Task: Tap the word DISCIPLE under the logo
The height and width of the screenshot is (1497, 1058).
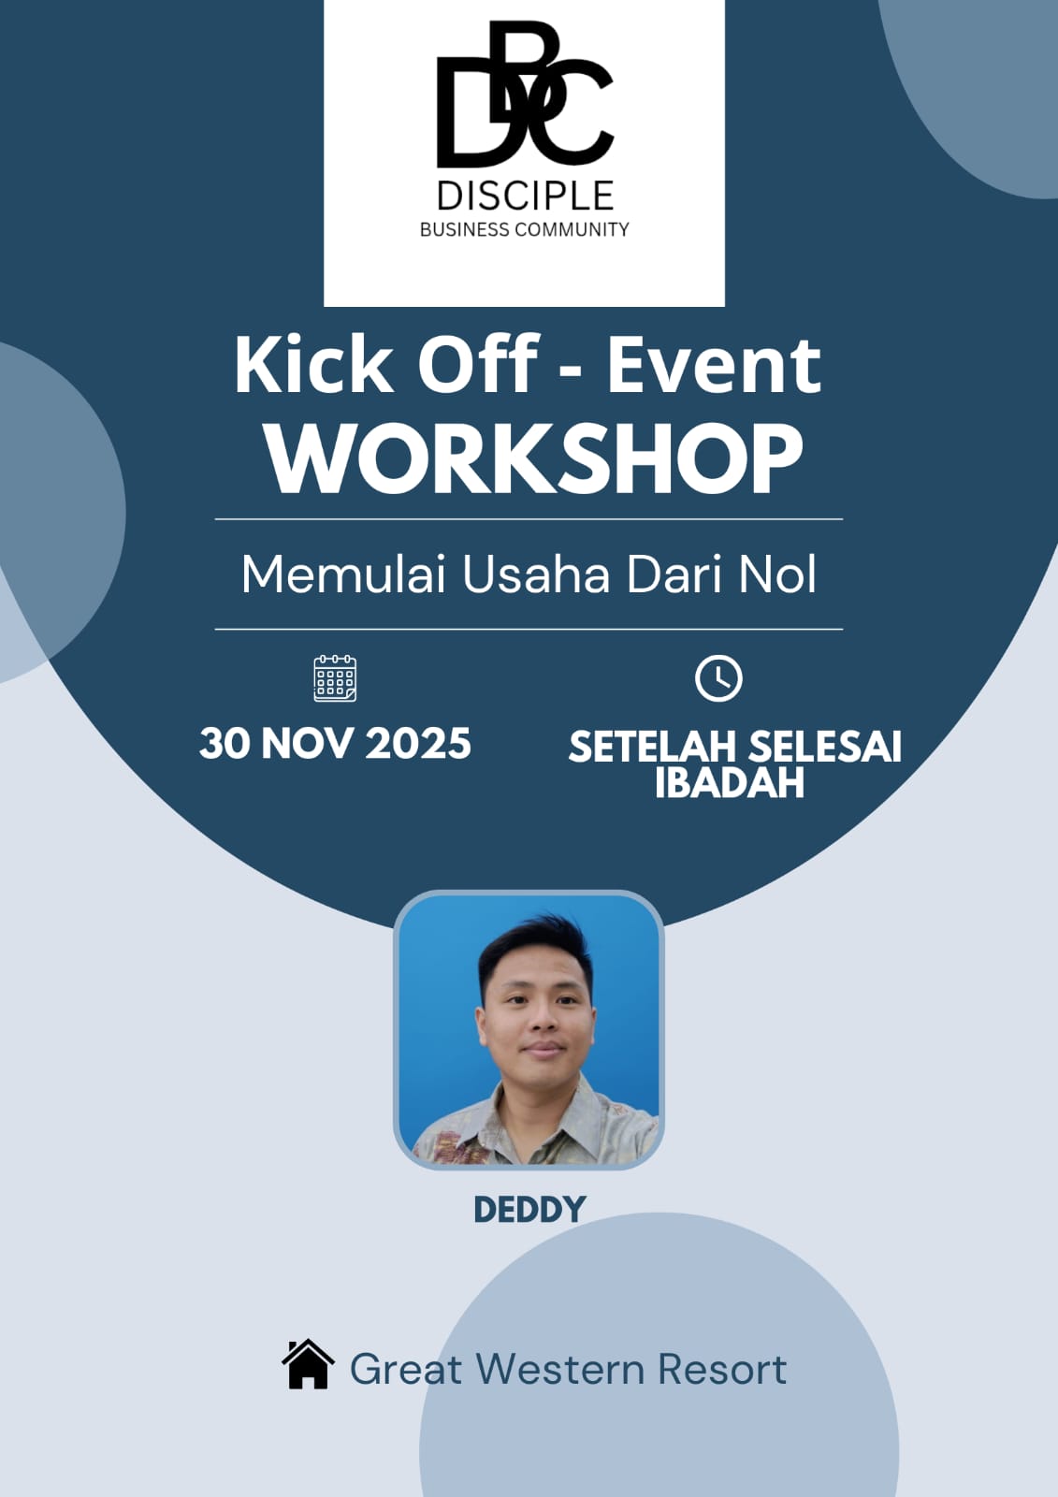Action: click(525, 196)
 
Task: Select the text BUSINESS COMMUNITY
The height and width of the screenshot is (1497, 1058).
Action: click(524, 229)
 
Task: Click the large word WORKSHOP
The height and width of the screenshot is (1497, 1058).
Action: click(534, 458)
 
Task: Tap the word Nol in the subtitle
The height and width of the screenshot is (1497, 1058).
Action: click(777, 574)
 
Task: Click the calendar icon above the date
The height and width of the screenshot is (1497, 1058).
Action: click(335, 678)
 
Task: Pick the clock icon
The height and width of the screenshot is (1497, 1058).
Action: click(718, 678)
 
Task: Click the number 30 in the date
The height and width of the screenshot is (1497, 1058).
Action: click(225, 744)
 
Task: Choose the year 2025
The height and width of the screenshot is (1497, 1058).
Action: click(418, 744)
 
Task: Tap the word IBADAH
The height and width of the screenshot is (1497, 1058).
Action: click(730, 783)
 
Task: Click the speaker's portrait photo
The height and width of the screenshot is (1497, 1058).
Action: click(529, 1029)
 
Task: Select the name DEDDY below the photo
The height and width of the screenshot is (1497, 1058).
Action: click(529, 1210)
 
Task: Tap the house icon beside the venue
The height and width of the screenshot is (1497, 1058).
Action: click(308, 1365)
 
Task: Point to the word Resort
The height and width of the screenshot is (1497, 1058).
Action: click(721, 1369)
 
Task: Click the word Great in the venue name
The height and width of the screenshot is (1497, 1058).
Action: click(406, 1369)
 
